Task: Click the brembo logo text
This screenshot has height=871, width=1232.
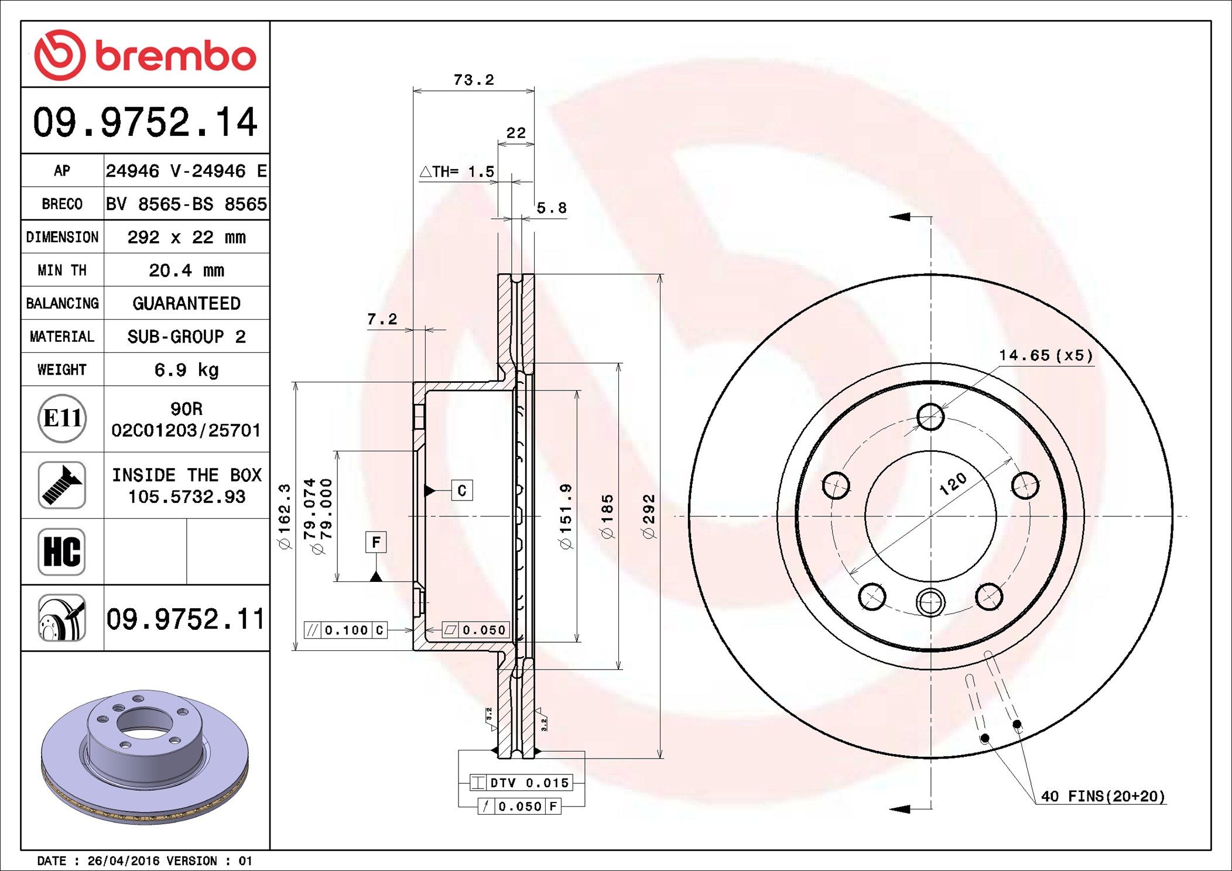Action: coord(175,56)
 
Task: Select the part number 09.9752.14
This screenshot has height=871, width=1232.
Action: coord(145,122)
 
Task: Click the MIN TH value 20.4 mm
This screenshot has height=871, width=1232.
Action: coord(186,270)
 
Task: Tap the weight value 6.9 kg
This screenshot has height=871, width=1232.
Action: coord(186,370)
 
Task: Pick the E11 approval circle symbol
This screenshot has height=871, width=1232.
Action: coord(62,419)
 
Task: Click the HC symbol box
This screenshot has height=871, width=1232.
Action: coord(62,552)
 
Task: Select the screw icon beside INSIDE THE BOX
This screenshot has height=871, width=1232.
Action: coord(62,485)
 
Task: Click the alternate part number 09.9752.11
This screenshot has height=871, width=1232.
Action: coord(186,619)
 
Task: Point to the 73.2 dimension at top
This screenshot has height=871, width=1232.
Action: coord(474,80)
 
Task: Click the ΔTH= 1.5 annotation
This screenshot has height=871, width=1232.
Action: coord(457,172)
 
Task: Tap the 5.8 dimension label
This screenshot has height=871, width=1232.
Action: coord(552,208)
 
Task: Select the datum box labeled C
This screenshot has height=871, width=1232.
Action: coord(462,491)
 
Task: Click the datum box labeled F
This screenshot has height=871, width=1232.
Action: coord(376,542)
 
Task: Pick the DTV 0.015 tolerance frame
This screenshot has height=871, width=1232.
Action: coord(521,783)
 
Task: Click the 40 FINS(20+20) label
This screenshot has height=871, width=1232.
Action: coord(1103,796)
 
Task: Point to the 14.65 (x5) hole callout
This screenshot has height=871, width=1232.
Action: coord(1046,355)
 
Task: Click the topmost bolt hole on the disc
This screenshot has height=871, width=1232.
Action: coord(930,417)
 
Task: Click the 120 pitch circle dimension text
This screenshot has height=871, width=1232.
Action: coord(953,484)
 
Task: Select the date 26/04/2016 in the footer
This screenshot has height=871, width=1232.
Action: coord(124,861)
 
